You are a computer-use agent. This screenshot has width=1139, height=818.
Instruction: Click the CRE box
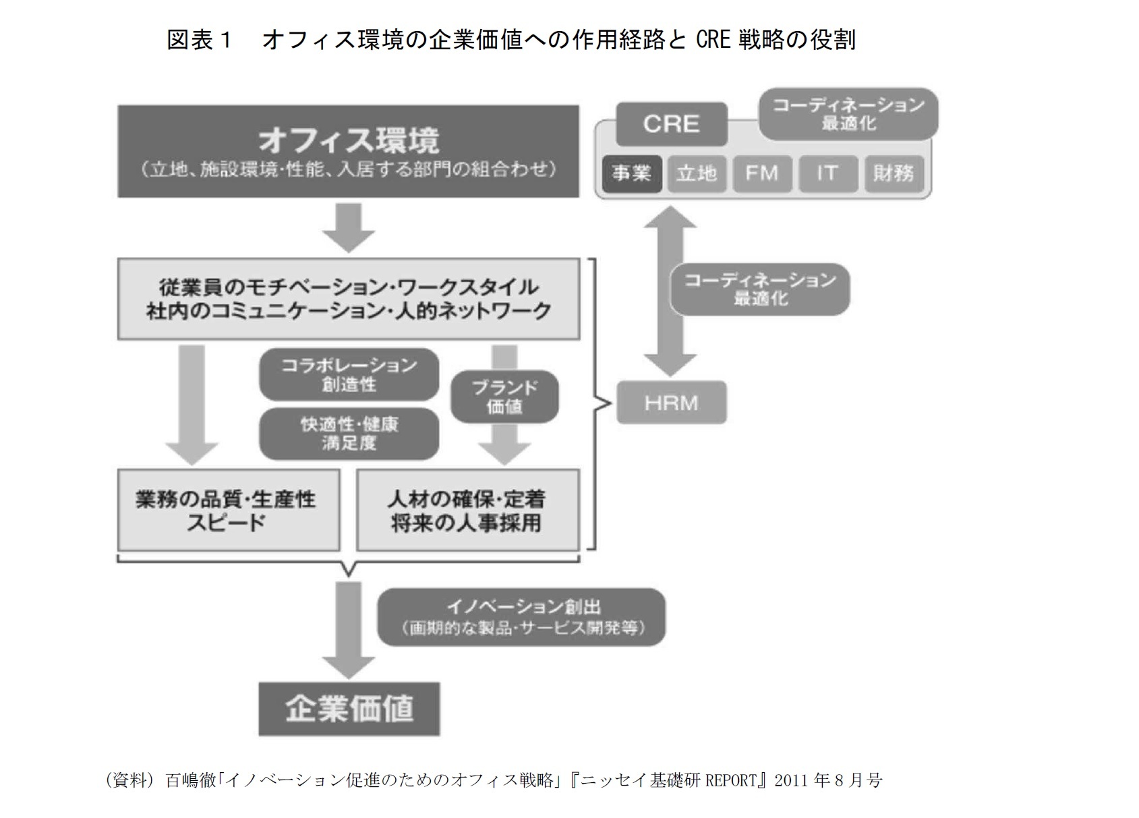(671, 124)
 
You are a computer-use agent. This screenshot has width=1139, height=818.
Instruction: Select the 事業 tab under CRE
(631, 174)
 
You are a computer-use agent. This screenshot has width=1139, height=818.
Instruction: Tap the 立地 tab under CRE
(697, 174)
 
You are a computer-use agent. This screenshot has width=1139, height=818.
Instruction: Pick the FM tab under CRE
(761, 174)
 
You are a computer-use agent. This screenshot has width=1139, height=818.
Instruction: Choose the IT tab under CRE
(827, 174)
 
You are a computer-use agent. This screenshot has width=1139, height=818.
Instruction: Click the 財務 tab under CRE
(893, 174)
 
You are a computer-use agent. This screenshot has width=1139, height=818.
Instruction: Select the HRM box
(671, 403)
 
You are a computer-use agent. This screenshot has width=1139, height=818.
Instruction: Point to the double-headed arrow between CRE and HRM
(670, 291)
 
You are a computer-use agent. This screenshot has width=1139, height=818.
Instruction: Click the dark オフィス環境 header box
(348, 151)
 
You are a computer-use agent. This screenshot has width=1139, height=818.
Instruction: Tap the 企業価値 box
(349, 709)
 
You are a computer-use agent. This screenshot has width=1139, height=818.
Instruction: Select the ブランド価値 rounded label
(504, 397)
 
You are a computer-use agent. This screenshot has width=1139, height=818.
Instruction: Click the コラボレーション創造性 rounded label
(349, 375)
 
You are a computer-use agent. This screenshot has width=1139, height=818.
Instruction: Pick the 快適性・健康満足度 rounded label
(349, 434)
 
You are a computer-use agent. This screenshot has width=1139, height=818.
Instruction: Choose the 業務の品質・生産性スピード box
(228, 510)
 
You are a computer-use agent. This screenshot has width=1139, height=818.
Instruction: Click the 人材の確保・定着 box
(467, 510)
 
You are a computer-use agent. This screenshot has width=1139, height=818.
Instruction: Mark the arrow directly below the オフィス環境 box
(348, 227)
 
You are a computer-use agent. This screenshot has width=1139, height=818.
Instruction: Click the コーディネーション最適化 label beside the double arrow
(760, 289)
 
